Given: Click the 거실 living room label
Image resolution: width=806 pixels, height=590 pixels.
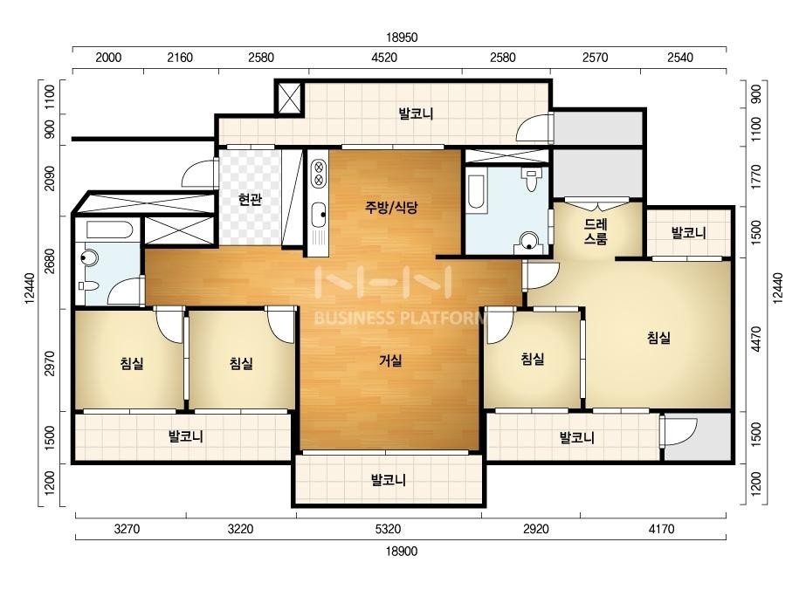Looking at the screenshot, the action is (x=390, y=360).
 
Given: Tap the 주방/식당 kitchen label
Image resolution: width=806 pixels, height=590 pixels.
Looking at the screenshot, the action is (x=391, y=207).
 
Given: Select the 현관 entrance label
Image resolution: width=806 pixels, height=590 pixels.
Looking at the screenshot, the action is (x=250, y=199).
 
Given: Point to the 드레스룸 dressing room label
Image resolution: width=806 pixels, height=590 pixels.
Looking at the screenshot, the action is (x=596, y=232).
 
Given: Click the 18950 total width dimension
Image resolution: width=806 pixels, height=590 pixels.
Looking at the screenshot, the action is (x=402, y=38).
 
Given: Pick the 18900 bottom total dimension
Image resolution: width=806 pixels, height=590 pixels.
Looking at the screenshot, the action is (x=402, y=552).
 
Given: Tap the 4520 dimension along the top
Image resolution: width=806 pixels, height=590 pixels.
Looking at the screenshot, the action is (x=384, y=58).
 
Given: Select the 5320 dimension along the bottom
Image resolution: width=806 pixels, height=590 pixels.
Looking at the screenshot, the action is (x=388, y=529).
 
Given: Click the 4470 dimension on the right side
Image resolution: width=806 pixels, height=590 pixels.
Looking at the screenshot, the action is (x=755, y=340).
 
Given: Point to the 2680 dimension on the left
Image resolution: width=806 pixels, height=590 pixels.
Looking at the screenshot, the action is (x=50, y=262).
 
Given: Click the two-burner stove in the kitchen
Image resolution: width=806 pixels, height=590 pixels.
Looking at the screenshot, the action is (x=319, y=173).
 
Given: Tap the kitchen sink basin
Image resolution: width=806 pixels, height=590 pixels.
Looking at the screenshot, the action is (x=320, y=211).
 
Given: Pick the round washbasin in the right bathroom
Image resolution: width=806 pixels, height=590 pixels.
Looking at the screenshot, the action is (x=529, y=240).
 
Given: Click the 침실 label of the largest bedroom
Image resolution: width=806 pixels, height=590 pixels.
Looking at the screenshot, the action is (x=658, y=338).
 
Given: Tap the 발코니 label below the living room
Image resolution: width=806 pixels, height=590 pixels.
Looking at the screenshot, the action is (x=389, y=480).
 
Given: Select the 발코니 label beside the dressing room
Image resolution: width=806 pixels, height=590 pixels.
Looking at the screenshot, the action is (x=689, y=233).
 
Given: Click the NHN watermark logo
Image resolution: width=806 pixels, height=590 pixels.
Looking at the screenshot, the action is (x=383, y=282).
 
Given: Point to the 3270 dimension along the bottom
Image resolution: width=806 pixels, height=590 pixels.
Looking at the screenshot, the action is (x=127, y=529).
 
